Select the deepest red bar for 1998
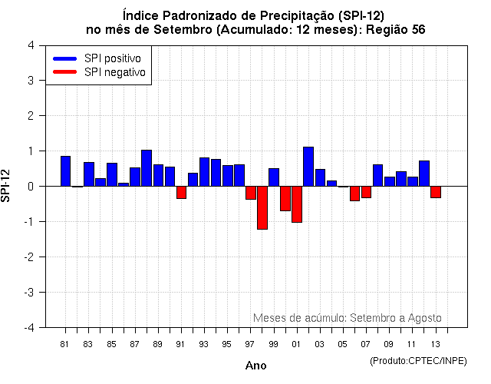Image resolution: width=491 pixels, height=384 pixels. tap(262, 207)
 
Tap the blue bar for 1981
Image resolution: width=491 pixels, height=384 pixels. tap(66, 171)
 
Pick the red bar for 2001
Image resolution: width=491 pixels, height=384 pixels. tap(297, 204)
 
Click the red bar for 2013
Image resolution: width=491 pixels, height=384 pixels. tap(436, 192)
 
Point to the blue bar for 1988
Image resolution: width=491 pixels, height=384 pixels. tap(147, 168)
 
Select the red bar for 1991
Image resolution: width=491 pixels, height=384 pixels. tap(181, 192)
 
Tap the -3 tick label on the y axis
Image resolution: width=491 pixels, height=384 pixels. tap(28, 292)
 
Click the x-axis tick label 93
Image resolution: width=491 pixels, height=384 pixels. tap(203, 344)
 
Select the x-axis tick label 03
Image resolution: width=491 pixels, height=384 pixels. tap(319, 344)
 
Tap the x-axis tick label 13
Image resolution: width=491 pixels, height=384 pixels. tap(435, 344)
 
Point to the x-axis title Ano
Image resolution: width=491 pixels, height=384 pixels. tap(255, 366)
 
